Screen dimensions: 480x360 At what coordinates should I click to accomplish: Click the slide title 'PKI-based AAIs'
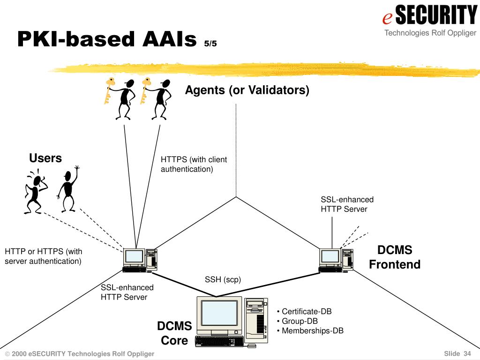(x=107, y=39)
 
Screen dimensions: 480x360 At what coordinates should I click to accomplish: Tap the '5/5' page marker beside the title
(x=210, y=44)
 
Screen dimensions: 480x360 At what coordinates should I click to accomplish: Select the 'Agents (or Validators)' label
(x=247, y=90)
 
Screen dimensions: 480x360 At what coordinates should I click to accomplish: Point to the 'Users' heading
(x=45, y=158)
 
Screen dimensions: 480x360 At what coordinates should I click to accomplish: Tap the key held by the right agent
(x=145, y=90)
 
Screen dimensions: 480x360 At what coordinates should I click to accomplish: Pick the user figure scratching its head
(x=36, y=191)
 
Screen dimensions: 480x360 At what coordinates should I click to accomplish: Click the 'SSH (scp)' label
(x=223, y=279)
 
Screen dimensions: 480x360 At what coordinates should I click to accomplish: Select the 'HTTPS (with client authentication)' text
(x=194, y=165)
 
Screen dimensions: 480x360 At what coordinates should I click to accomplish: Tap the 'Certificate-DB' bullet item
(x=304, y=311)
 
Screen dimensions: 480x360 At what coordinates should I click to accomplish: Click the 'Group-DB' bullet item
(x=297, y=321)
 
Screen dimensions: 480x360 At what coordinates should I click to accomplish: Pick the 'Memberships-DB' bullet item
(x=310, y=330)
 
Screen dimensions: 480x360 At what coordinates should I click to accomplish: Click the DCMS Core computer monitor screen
(x=219, y=313)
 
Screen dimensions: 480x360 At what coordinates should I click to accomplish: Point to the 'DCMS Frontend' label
(x=395, y=257)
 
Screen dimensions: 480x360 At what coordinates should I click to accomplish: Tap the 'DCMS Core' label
(x=174, y=333)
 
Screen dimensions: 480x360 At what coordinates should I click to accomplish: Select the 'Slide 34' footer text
(x=457, y=353)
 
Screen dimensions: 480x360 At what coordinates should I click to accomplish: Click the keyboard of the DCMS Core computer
(x=219, y=341)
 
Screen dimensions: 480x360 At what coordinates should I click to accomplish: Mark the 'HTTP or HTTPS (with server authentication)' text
(x=44, y=256)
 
